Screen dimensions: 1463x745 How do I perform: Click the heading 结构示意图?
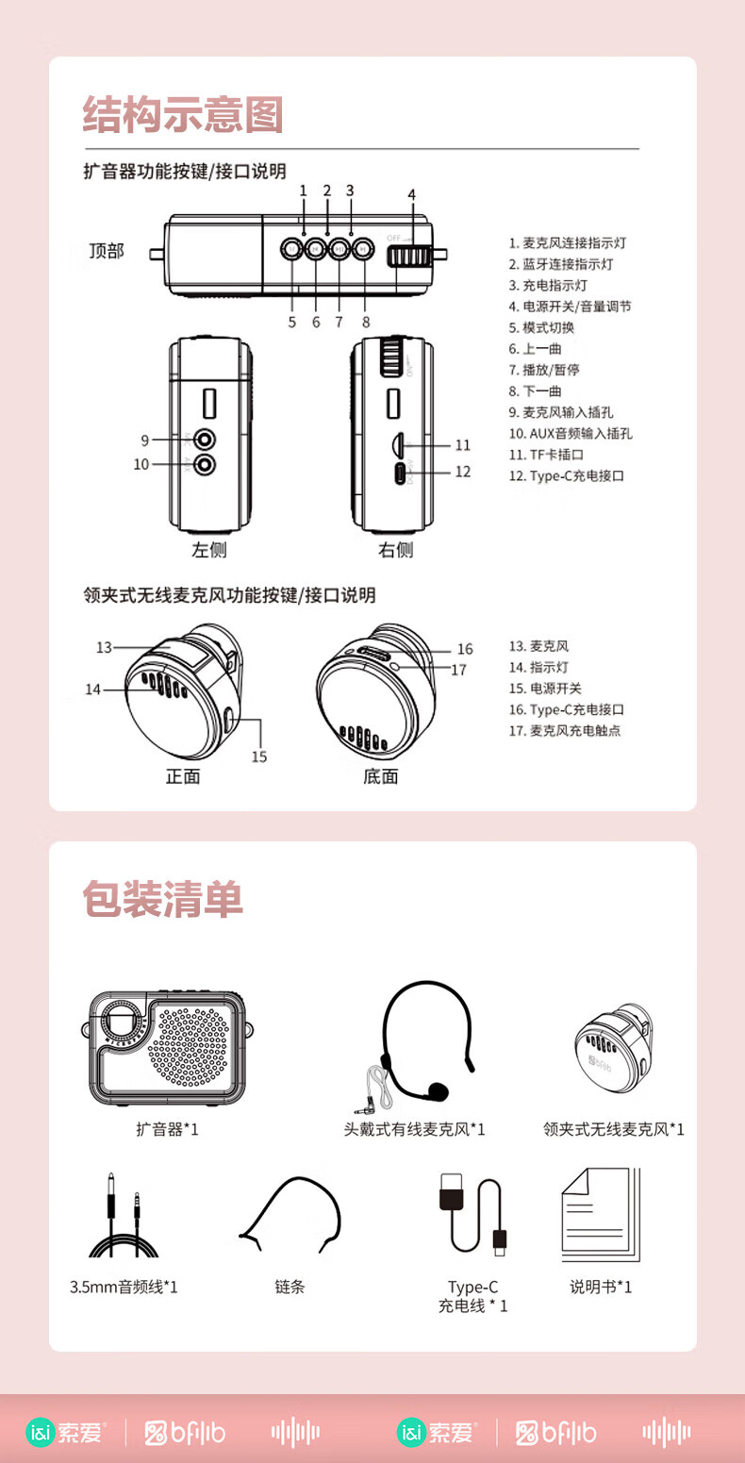(183, 114)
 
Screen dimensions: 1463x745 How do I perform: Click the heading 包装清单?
(162, 899)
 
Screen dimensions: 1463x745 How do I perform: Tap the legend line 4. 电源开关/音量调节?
(570, 307)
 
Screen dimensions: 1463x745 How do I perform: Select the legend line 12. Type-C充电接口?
(566, 475)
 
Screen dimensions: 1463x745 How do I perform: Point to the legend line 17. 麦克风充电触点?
(564, 730)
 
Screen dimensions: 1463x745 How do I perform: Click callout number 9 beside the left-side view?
(144, 440)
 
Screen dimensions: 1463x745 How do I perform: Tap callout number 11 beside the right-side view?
(462, 445)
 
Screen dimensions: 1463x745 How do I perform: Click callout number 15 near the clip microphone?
(259, 756)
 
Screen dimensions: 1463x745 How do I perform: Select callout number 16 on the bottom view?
(465, 649)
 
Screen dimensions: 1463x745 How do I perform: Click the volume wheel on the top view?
(409, 256)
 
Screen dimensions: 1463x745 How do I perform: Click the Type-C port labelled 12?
(402, 473)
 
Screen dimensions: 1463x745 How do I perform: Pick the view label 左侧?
(209, 550)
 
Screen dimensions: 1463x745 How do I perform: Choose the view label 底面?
(381, 776)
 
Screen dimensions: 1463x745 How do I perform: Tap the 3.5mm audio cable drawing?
(124, 1219)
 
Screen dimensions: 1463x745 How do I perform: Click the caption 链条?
(290, 1287)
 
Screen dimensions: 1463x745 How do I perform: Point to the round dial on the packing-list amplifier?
(118, 1026)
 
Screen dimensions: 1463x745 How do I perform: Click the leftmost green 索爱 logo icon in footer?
(41, 1432)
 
